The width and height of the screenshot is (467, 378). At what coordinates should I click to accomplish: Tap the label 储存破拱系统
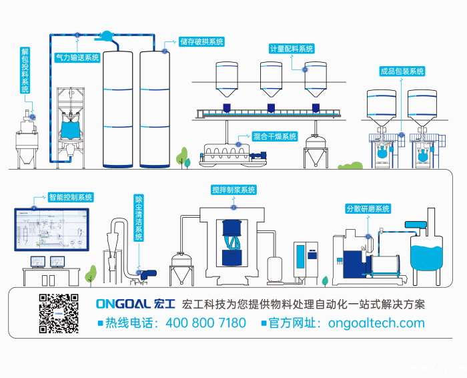point(201,41)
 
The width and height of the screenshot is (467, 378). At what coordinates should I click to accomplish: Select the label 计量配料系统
point(291,49)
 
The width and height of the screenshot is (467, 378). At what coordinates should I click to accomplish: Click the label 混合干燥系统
point(274,136)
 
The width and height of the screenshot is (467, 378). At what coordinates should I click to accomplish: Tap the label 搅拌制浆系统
point(233,190)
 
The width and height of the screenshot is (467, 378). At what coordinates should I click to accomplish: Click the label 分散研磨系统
point(368,208)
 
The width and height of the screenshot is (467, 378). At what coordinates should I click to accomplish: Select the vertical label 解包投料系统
point(25,70)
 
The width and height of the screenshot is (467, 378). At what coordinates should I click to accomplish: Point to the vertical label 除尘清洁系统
point(139,218)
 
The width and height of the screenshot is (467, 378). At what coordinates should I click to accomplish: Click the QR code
point(59,313)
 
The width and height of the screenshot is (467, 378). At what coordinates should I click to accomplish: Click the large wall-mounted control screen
point(52,229)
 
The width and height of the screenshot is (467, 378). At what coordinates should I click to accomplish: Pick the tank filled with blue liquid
point(427,256)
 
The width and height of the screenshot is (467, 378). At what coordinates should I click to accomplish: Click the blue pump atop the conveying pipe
point(107,35)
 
